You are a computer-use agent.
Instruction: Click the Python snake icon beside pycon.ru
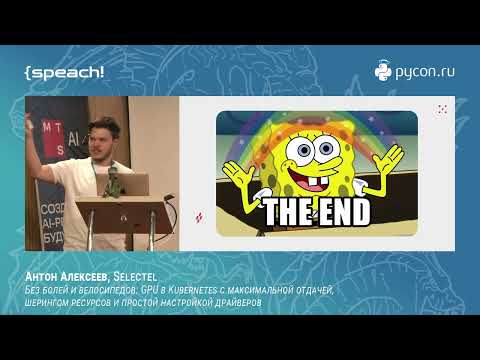tap(383, 71)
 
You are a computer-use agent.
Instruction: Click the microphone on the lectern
tap(113, 180)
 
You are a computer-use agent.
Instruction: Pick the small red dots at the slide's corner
tap(442, 108)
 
